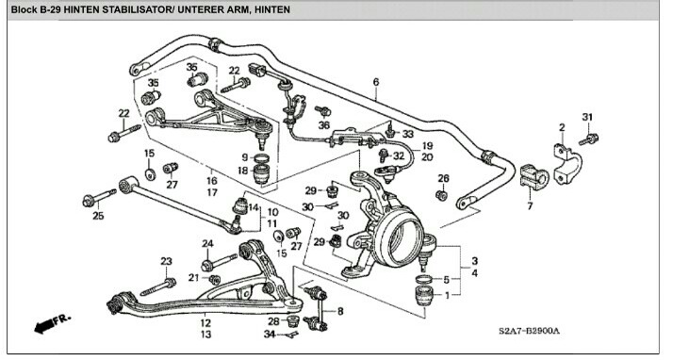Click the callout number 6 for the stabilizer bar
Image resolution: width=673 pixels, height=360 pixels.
coord(376,82)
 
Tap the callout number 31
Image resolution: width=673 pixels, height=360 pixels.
coord(587,117)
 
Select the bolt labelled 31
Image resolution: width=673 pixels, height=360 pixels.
coord(588,139)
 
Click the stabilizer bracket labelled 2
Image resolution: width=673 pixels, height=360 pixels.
coord(566,163)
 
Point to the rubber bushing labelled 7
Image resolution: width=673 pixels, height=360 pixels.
coord(533,177)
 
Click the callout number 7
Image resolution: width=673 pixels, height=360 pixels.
coord(530,206)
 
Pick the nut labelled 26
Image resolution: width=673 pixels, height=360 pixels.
coord(441,195)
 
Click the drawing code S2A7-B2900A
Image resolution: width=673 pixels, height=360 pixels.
coord(529,331)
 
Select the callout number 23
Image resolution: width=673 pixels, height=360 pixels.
coord(166,261)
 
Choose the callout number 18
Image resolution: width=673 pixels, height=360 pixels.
coord(243,171)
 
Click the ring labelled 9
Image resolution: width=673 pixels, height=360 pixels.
coord(262,157)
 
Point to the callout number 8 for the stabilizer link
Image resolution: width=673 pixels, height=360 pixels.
coord(340,311)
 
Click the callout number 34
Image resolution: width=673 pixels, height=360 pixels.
coord(270,334)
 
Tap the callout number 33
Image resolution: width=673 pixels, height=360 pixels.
coord(407,134)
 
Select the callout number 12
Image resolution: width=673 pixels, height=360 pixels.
coord(205,322)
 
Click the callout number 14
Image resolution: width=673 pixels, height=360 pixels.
coord(254,207)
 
